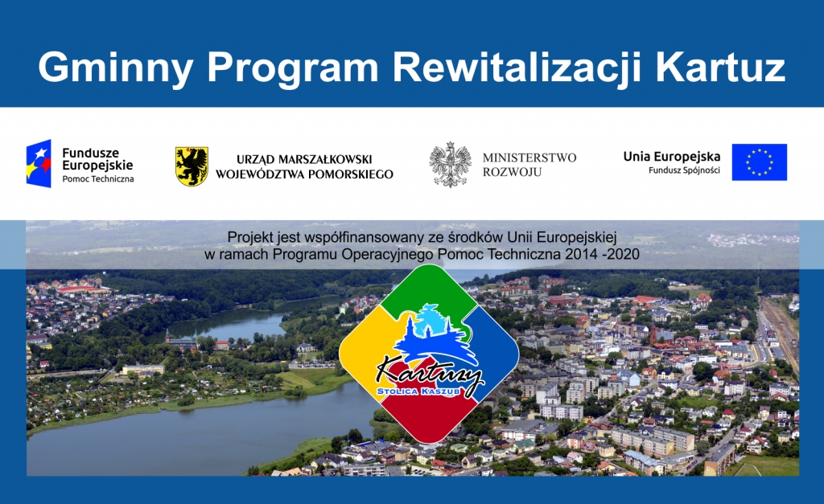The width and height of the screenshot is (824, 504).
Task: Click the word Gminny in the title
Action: [116, 68]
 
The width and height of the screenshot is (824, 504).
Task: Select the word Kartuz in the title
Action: [720, 67]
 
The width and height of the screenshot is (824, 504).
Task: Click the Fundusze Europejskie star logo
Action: [39, 163]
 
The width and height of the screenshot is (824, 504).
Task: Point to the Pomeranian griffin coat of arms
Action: [192, 166]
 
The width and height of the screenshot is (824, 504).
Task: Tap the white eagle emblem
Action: [450, 165]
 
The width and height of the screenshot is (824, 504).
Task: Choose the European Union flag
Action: [760, 162]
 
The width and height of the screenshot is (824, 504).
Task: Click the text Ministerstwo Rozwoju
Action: [529, 164]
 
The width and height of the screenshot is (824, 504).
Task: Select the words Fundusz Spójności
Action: [684, 170]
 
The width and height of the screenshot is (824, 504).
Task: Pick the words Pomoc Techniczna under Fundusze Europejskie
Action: [97, 178]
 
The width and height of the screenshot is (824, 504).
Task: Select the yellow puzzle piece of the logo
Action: [370, 349]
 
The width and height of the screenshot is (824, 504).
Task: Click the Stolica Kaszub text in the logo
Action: [418, 391]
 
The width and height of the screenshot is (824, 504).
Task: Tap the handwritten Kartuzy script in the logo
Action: [430, 373]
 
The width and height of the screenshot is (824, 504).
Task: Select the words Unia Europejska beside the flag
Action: [672, 156]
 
